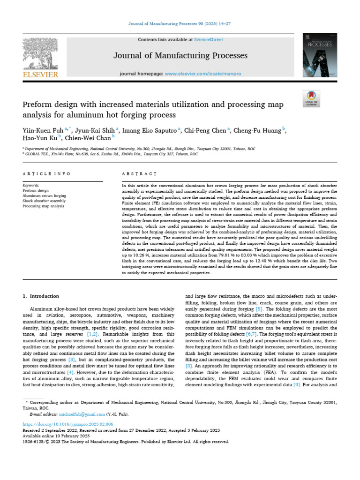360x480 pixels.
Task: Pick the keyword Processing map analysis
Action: click(x=43, y=206)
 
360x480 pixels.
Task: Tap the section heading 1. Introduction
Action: click(x=41, y=296)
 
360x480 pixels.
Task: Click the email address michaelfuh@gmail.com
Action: click(x=75, y=414)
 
